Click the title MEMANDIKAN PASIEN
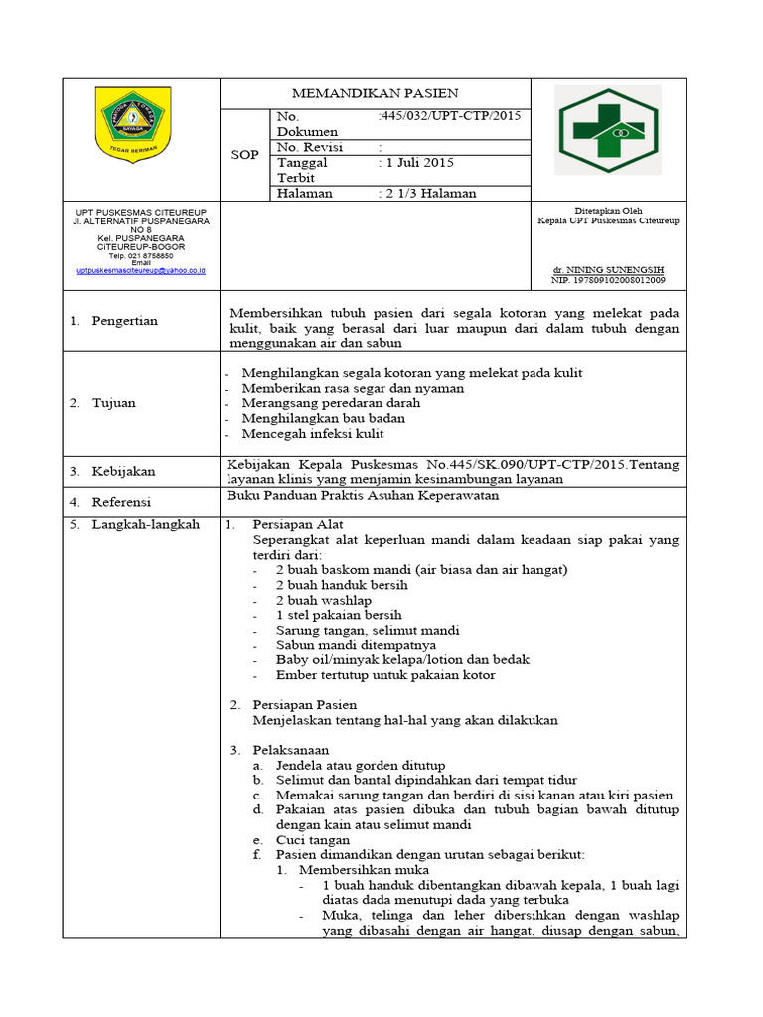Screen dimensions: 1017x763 coord(376,93)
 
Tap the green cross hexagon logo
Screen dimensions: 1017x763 coord(606,128)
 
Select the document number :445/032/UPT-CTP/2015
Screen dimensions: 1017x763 coord(449,116)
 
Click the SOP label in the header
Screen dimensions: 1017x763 coord(244,155)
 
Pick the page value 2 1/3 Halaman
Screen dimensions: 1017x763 coord(427,193)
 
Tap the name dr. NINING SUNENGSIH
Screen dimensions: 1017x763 coord(607,270)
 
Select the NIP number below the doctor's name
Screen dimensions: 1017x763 coord(608,280)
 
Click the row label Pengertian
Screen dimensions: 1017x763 coord(124,321)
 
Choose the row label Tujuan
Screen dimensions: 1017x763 coord(114,403)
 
